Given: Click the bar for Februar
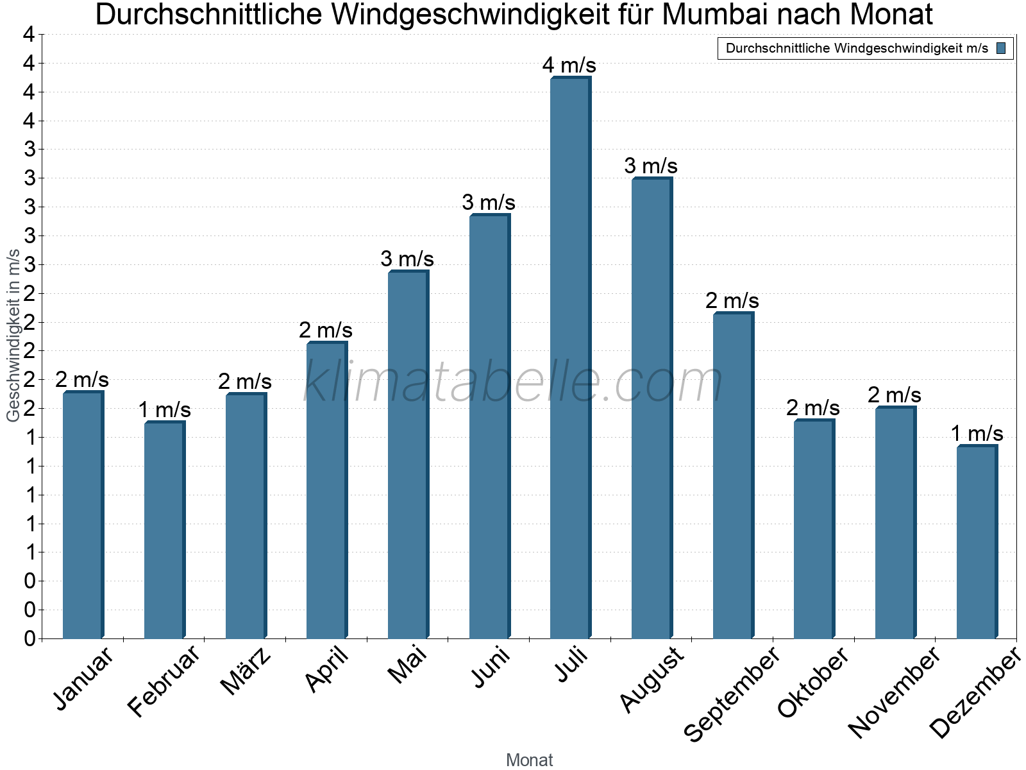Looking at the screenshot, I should click(x=164, y=530).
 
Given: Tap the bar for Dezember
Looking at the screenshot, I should click(x=977, y=542).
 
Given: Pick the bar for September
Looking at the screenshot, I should click(x=733, y=475).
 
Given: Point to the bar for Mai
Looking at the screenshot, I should click(x=408, y=455).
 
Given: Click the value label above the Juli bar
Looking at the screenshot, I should click(x=569, y=65).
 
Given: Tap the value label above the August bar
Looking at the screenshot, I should click(x=651, y=166).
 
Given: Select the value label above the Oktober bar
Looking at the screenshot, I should click(x=813, y=408).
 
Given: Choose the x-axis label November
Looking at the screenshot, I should click(x=894, y=692).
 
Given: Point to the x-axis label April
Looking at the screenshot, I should click(x=327, y=670).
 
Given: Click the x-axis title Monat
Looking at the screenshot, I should click(x=529, y=760).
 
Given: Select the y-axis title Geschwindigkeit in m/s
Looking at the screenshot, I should click(x=13, y=336).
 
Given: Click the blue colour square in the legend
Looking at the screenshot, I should click(x=1001, y=48).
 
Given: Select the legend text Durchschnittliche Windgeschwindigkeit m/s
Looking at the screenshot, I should click(x=857, y=48).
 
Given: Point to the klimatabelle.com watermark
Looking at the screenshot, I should click(x=513, y=382).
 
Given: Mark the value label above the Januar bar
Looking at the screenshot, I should click(x=82, y=380).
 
